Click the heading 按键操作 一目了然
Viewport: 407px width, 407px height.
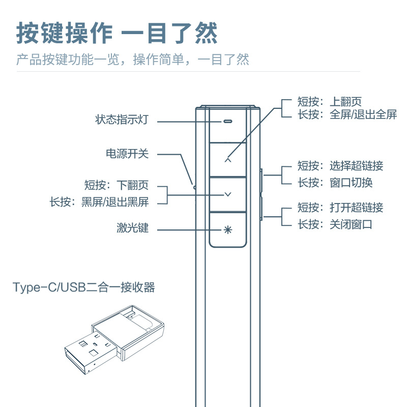coord(117,33)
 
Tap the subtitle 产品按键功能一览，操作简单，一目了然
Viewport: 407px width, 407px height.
coord(133,60)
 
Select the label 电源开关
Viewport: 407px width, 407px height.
coord(127,153)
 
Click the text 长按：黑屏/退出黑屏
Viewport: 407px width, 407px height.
coord(99,202)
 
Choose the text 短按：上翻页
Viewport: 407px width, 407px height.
coord(330,102)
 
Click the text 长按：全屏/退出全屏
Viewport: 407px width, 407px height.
coord(347,114)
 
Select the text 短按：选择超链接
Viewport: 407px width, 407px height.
coord(340,166)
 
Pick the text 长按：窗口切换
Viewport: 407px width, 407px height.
coord(335,182)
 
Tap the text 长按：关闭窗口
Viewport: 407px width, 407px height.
coord(335,224)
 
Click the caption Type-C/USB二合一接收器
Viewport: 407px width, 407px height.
coord(84,288)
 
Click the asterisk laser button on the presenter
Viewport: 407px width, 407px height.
coord(228,229)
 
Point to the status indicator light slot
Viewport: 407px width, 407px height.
coord(227,122)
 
